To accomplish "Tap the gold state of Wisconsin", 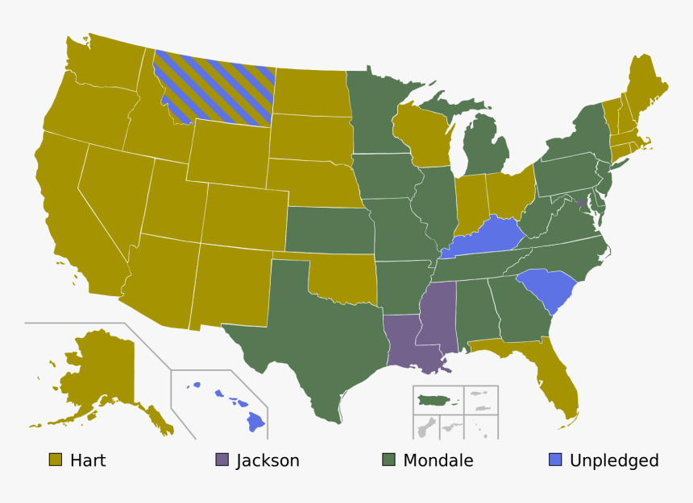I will (x=421, y=133).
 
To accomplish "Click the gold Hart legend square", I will (x=56, y=460).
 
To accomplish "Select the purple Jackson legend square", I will (x=222, y=460).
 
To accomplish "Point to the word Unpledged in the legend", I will (x=614, y=460).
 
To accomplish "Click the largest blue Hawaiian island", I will (x=255, y=422).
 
